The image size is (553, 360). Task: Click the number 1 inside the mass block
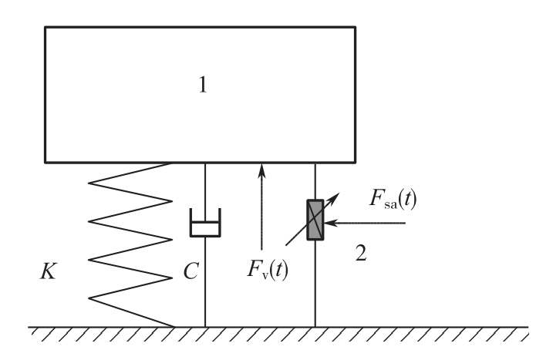tap(203, 85)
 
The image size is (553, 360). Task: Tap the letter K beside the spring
tap(49, 271)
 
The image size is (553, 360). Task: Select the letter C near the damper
tap(191, 271)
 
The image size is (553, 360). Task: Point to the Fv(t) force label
tap(268, 270)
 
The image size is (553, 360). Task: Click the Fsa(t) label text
tap(393, 199)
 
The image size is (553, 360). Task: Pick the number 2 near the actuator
tap(361, 253)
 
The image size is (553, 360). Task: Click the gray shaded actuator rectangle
tap(315, 220)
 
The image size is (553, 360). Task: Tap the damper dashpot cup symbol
tap(205, 223)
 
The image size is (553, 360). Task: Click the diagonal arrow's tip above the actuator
tap(339, 193)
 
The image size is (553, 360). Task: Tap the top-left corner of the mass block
tap(46, 27)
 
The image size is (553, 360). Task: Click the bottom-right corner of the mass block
tap(355, 162)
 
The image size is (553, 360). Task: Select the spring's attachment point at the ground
tap(174, 327)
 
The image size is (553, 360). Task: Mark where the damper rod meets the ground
tap(205, 327)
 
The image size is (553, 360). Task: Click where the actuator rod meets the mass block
tap(315, 163)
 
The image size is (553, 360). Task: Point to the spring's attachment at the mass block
tap(171, 163)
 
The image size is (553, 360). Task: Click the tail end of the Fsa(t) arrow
tap(405, 224)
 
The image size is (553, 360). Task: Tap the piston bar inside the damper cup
tap(205, 223)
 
